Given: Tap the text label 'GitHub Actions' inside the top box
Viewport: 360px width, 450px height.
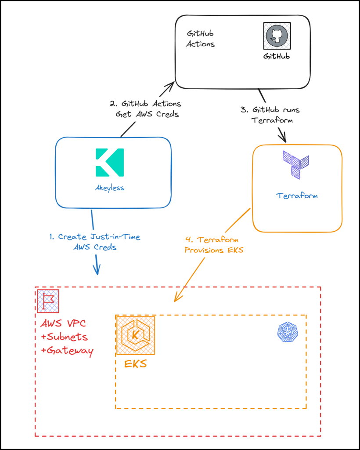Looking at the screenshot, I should coord(201,39).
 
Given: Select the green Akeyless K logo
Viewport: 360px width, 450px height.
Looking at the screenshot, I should coord(110,163).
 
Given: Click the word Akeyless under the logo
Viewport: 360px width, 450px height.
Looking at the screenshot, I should coord(110,188).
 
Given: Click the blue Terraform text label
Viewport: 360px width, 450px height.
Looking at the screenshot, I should coord(297,196).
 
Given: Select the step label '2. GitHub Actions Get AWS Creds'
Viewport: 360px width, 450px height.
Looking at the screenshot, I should coord(145,109).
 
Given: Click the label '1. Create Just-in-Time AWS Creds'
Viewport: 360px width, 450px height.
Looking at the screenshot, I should coord(95,242).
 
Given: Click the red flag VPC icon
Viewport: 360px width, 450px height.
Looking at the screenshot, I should coord(48,301).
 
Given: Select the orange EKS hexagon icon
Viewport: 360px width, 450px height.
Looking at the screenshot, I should coord(135,335).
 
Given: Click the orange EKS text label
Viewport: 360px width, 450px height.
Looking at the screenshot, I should coord(135,364).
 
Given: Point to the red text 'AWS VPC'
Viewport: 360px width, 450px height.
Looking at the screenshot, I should coord(63,324).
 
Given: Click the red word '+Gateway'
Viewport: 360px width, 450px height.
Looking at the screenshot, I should coord(67,351).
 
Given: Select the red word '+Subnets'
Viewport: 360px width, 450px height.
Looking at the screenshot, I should coord(64,337).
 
